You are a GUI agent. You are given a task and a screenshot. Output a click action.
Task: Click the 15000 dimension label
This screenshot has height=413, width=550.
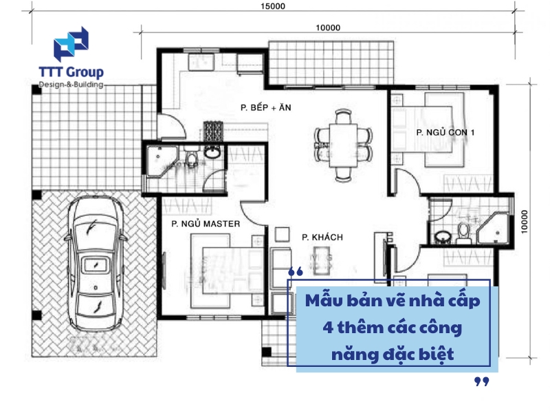pyautogui.click(x=272, y=6)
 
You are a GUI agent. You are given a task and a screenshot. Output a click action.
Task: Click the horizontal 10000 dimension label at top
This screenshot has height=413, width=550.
pyautogui.click(x=328, y=28)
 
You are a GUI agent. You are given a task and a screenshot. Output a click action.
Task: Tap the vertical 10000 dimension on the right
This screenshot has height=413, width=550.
pyautogui.click(x=524, y=222)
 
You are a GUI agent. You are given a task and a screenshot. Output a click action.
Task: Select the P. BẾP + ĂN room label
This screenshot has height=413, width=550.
pyautogui.click(x=265, y=107)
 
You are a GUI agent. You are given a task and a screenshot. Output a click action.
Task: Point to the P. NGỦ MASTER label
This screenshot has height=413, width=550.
pyautogui.click(x=206, y=224)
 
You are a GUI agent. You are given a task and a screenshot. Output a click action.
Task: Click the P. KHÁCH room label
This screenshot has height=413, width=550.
pyautogui.click(x=322, y=237)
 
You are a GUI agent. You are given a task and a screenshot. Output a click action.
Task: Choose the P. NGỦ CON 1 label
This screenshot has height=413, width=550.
pyautogui.click(x=445, y=132)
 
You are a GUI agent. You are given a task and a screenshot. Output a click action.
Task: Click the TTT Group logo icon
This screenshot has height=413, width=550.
pyautogui.click(x=71, y=43)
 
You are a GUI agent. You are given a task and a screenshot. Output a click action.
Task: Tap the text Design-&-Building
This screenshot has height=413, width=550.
pyautogui.click(x=71, y=85)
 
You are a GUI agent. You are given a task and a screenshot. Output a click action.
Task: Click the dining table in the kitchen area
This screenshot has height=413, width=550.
pyautogui.click(x=343, y=146)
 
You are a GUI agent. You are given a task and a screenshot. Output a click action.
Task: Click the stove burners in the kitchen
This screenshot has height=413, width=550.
pyautogui.click(x=213, y=131)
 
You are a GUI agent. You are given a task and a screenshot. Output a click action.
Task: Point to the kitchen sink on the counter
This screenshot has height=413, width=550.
pyautogui.click(x=201, y=63)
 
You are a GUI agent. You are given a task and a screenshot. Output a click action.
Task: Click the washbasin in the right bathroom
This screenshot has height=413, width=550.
pyautogui.click(x=443, y=236)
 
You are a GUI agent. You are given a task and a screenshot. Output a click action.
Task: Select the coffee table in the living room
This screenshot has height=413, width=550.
pyautogui.click(x=322, y=260)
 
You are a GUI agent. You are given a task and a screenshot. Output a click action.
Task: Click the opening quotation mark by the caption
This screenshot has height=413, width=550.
pyautogui.click(x=296, y=271)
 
